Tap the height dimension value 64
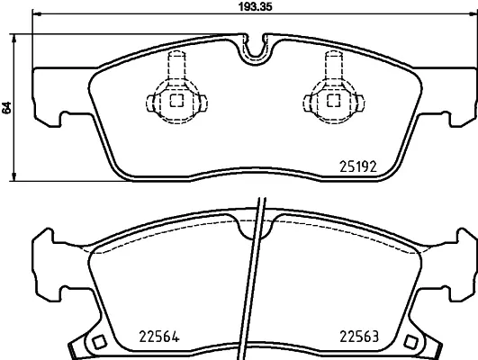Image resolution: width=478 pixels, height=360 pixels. click(x=7, y=107)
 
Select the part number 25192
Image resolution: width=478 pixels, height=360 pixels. click(x=357, y=165)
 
